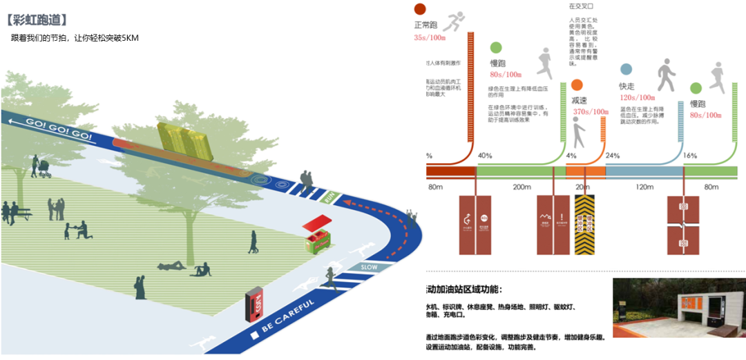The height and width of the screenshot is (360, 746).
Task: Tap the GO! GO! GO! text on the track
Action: click(59, 129)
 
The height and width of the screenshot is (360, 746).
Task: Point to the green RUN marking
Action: click(330, 198)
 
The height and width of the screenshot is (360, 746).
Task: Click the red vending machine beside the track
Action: click(254, 306)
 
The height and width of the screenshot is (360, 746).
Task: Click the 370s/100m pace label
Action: click(590, 112)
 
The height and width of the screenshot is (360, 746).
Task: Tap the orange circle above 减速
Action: click(577, 86)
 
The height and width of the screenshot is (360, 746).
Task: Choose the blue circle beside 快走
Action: click(626, 69)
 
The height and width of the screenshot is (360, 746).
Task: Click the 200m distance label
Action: click(522, 187)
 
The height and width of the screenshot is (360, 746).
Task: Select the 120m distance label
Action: click(644, 187)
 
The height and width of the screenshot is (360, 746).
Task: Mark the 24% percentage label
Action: click(613, 155)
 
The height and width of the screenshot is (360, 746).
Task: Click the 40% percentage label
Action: click(485, 155)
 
